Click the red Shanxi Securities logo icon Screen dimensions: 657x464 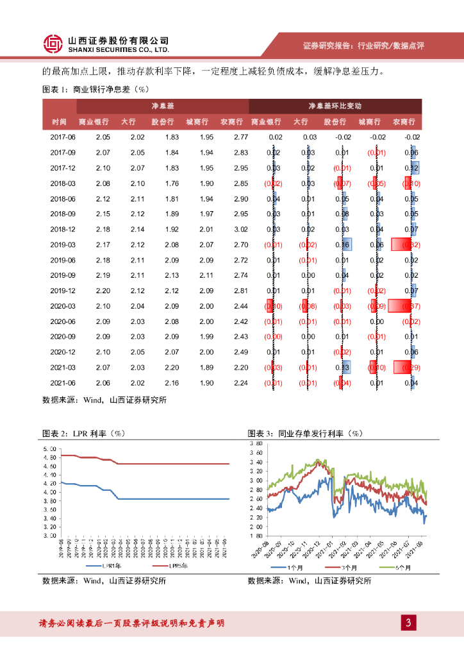point(52,44)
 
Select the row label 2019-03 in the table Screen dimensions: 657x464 point(63,244)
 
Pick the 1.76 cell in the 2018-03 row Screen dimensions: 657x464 point(171,183)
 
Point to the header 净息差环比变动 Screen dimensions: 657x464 point(335,105)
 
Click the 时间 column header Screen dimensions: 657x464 point(60,121)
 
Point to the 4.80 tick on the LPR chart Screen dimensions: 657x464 point(49,456)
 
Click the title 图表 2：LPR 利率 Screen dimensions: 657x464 point(83,433)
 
